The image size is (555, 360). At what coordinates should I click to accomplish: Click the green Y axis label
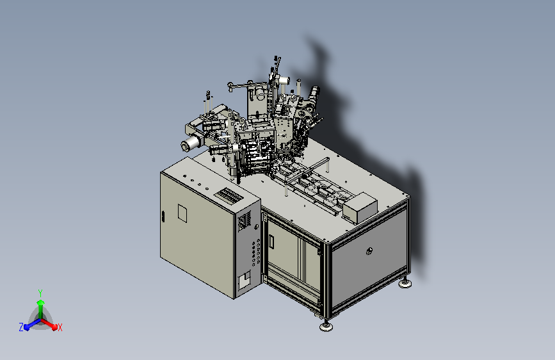tap(40, 293)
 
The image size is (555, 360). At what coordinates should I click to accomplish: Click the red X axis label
tap(60, 327)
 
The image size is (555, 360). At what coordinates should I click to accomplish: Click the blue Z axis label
tap(21, 327)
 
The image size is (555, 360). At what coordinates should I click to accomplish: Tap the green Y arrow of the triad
tap(41, 309)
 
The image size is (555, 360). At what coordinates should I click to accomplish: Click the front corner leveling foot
tap(326, 326)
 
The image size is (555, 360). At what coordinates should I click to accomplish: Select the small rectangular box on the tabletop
tap(360, 208)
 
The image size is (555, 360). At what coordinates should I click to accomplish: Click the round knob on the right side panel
tap(369, 251)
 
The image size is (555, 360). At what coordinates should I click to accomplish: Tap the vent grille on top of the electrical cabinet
tap(229, 195)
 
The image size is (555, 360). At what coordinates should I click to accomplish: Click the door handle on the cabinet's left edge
tap(163, 217)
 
